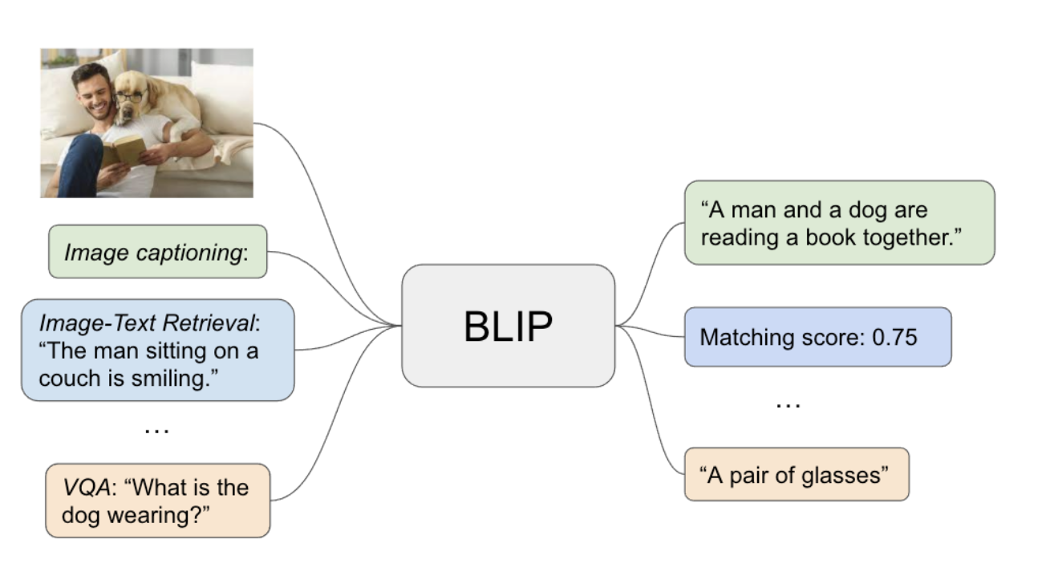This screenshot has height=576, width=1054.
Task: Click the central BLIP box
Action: tap(508, 326)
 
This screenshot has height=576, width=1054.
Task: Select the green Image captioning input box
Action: tap(157, 252)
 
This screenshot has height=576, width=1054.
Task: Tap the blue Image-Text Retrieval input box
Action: tap(157, 350)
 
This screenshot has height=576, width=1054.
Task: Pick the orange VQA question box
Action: tap(157, 501)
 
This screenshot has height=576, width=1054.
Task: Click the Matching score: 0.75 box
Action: tap(817, 337)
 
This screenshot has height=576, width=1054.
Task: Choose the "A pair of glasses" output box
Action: tap(796, 475)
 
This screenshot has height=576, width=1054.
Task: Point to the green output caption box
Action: tap(838, 223)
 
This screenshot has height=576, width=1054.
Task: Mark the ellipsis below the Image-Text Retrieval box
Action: tap(156, 429)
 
